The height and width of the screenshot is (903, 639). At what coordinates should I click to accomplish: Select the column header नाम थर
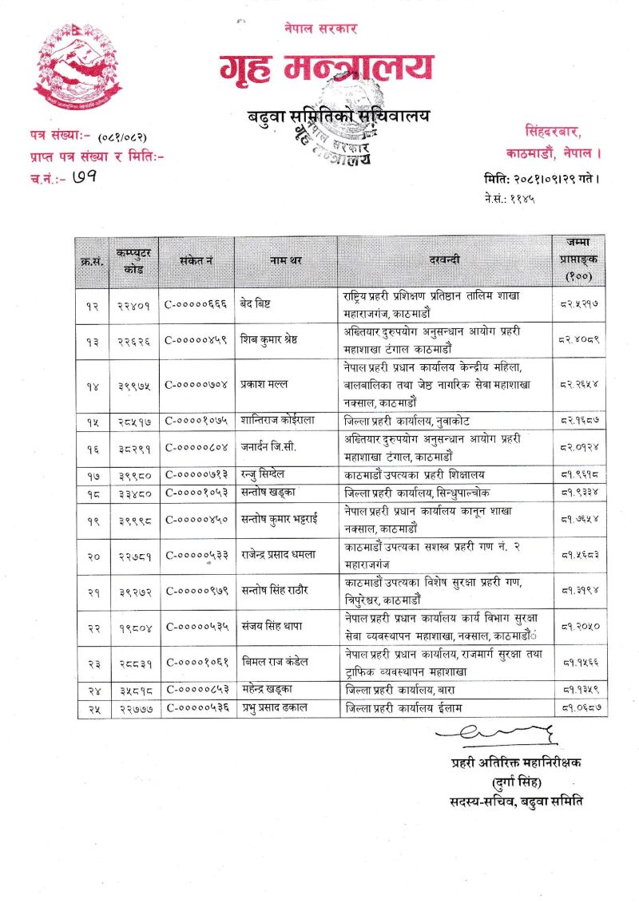tap(285, 261)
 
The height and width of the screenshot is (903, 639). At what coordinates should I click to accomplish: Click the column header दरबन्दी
tap(444, 261)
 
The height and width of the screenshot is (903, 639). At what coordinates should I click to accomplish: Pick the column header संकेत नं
tap(196, 261)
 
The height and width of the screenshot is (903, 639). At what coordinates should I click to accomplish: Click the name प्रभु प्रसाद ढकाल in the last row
tap(276, 707)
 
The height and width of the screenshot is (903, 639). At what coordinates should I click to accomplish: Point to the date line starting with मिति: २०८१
tap(541, 179)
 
